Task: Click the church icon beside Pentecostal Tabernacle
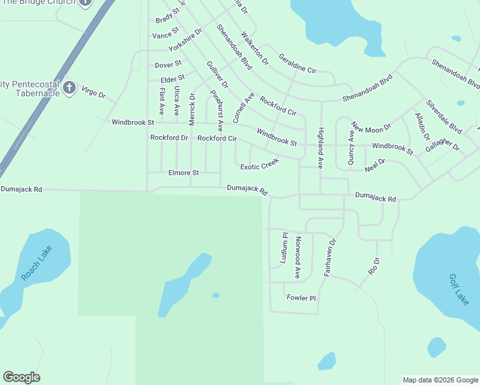[x=69, y=88]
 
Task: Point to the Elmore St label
[x=184, y=173]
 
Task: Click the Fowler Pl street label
[x=302, y=298]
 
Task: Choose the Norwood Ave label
[x=298, y=257]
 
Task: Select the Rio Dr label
[x=374, y=266]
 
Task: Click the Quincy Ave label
[x=351, y=148]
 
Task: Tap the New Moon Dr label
[x=370, y=128]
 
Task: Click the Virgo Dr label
[x=93, y=92]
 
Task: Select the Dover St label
[x=168, y=65]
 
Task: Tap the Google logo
[x=21, y=377]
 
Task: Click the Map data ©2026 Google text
[x=440, y=380]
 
